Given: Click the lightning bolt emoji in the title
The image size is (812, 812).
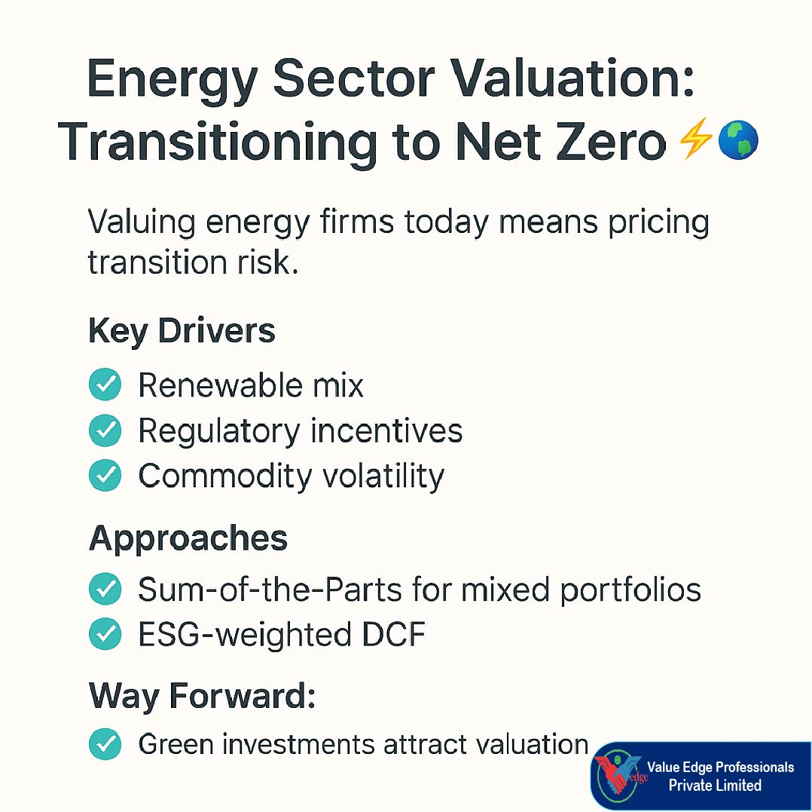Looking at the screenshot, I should [x=694, y=141].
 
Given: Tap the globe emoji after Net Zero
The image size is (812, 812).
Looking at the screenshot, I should [x=737, y=141].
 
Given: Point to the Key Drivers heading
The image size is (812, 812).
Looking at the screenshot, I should [x=182, y=331].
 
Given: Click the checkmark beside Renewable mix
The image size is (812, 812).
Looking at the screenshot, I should [x=105, y=385].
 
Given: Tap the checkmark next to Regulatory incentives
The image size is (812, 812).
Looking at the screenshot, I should [x=105, y=431].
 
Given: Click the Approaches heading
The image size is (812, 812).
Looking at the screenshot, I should [x=188, y=538].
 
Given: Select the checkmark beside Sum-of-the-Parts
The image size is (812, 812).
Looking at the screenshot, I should [x=105, y=590].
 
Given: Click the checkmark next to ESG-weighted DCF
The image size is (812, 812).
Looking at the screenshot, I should [x=105, y=635].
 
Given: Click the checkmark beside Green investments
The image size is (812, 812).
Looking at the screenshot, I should [x=105, y=744].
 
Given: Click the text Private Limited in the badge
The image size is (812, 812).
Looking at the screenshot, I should [x=715, y=785].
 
